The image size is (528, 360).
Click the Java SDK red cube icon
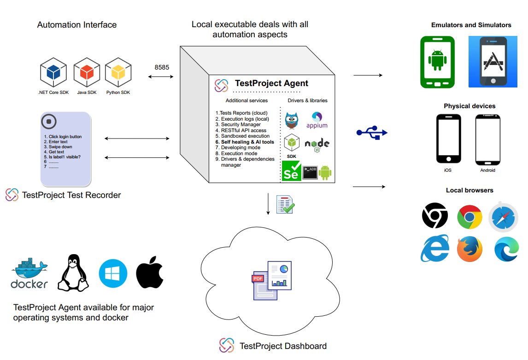pyautogui.click(x=87, y=73)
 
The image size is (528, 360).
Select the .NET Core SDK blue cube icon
pyautogui.click(x=54, y=73)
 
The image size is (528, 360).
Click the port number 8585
pyautogui.click(x=161, y=67)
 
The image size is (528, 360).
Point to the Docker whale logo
pyautogui.click(x=29, y=275)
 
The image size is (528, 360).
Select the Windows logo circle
pyautogui.click(x=113, y=273)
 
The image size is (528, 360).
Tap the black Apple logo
pyautogui.click(x=150, y=273)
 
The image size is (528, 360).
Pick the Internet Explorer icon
pyautogui.click(x=434, y=249)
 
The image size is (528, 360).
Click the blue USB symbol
pyautogui.click(x=372, y=133)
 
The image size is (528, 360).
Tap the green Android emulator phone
pyautogui.click(x=437, y=62)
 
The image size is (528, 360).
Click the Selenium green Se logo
pyautogui.click(x=291, y=171)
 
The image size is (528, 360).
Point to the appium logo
pyautogui.click(x=317, y=120)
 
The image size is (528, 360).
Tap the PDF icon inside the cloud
pyautogui.click(x=257, y=279)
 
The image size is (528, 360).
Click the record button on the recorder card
pyautogui.click(x=48, y=122)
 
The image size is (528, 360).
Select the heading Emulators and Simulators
pyautogui.click(x=471, y=25)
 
